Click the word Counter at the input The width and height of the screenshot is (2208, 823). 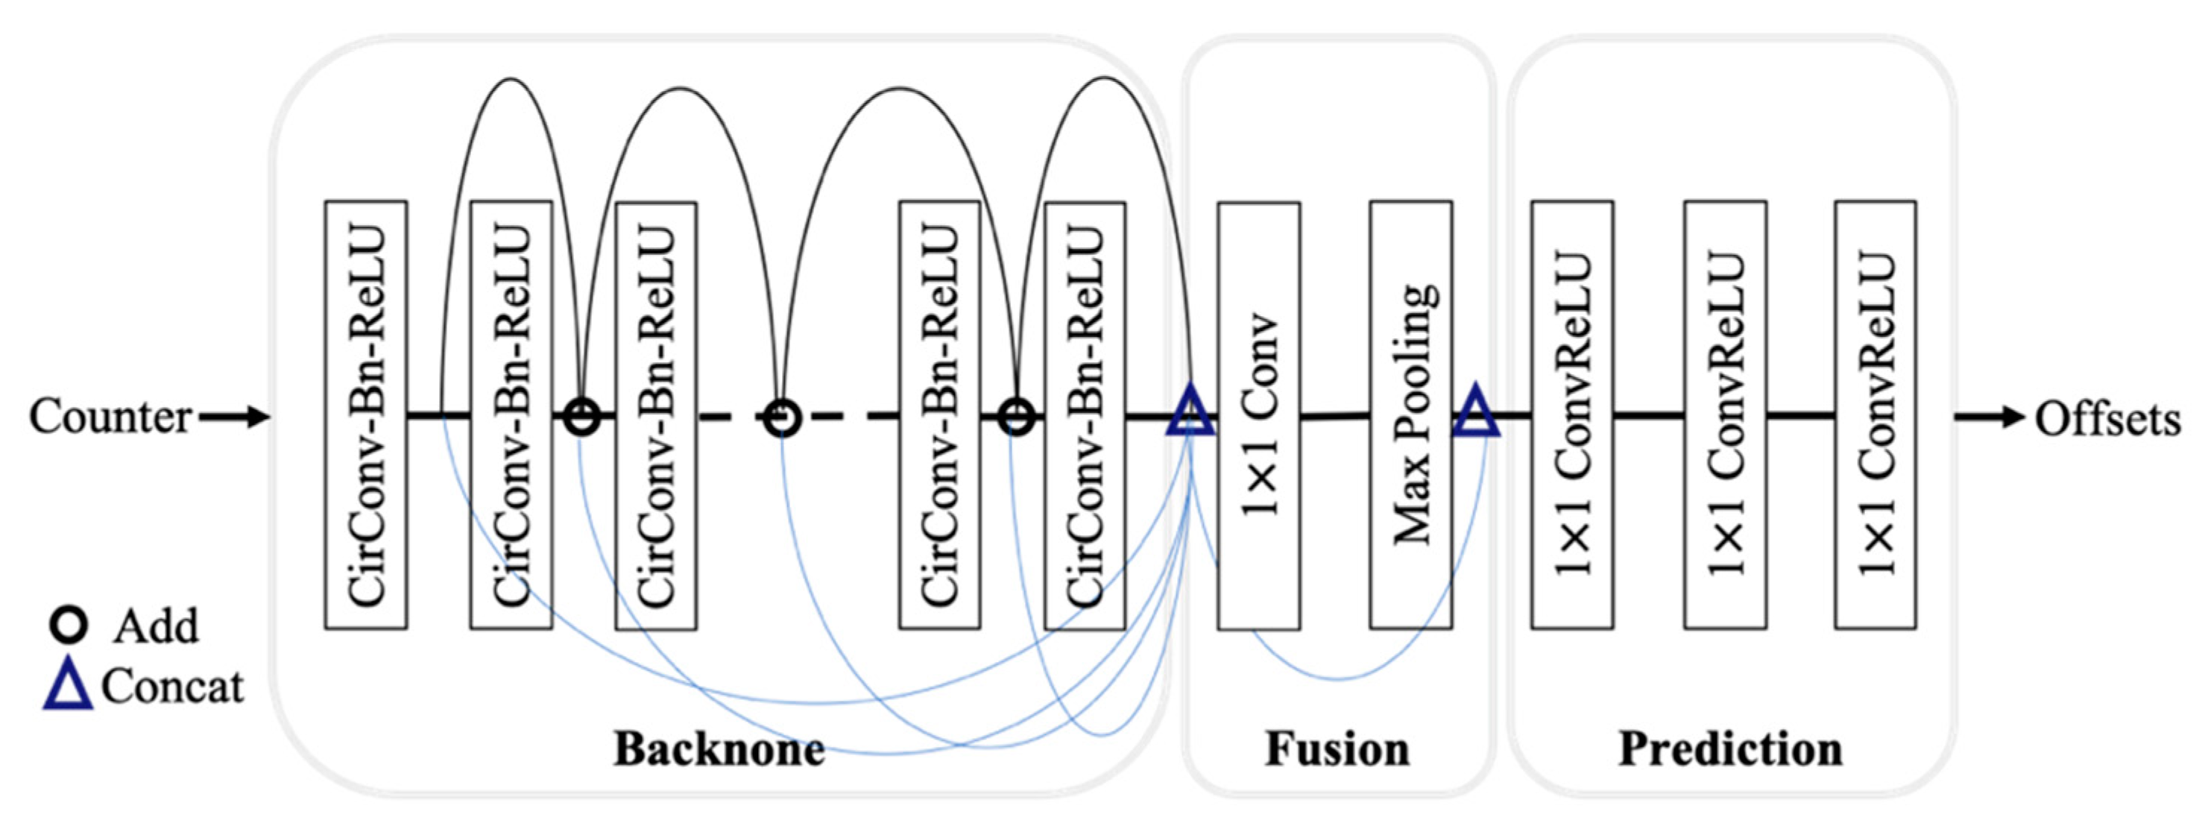coord(110,417)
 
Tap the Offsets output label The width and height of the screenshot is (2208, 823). coord(2107,420)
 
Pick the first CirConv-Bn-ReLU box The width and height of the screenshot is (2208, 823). coord(365,416)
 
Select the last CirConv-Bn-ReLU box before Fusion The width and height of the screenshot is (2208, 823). coord(1085,416)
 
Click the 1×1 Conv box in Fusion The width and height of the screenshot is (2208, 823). coord(1258,416)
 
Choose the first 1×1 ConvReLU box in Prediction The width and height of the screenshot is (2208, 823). coord(1572,416)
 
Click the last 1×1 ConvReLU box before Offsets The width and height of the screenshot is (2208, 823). coord(1876,416)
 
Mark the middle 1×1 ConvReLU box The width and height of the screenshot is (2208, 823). coord(1724,416)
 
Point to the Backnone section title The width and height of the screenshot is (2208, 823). coord(719,748)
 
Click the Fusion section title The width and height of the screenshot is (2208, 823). coord(1337,748)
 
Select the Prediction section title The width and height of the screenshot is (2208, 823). coord(1729,748)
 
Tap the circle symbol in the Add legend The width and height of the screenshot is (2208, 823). coord(69,626)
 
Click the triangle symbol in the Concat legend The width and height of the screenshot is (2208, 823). coord(68,688)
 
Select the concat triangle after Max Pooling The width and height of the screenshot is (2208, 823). coord(1476,412)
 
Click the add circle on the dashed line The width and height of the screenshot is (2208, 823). coord(782,418)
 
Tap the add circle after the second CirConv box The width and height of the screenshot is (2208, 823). coord(582,418)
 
